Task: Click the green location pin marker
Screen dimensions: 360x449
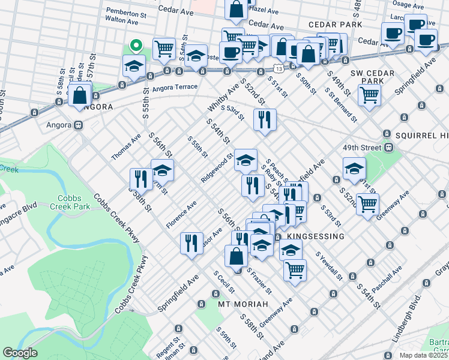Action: click(x=136, y=45)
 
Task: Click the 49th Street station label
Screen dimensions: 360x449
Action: click(x=363, y=147)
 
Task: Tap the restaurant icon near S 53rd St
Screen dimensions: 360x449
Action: click(x=265, y=119)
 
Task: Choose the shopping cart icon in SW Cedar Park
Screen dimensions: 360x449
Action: click(x=369, y=94)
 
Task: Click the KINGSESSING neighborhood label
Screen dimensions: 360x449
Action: click(x=316, y=236)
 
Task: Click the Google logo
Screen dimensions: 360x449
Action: click(x=20, y=353)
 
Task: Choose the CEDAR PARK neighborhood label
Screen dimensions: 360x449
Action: click(x=336, y=25)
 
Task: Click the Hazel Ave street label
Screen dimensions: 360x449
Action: click(x=264, y=10)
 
